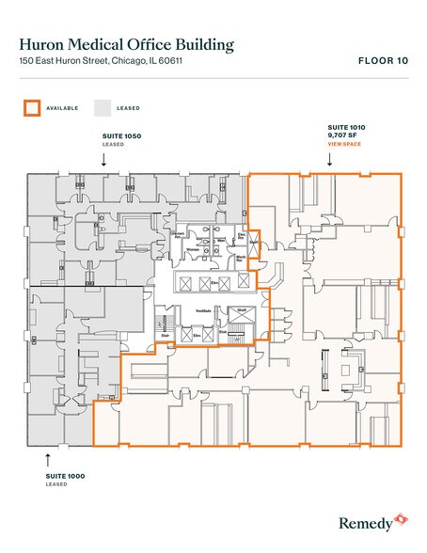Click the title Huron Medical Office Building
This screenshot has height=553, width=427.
click(x=127, y=43)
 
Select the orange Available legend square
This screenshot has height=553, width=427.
click(x=31, y=107)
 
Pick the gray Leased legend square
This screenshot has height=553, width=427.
click(x=102, y=107)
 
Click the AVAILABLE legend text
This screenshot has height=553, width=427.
click(x=63, y=108)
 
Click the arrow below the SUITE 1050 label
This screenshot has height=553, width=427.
click(x=104, y=161)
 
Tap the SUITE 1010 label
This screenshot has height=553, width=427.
click(x=345, y=126)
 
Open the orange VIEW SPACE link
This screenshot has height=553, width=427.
click(x=343, y=143)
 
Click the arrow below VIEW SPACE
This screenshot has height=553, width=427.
click(x=329, y=160)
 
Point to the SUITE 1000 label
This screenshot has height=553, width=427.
click(x=65, y=476)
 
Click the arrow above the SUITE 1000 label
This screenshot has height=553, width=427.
click(x=48, y=459)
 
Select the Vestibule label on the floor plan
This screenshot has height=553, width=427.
click(x=202, y=310)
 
